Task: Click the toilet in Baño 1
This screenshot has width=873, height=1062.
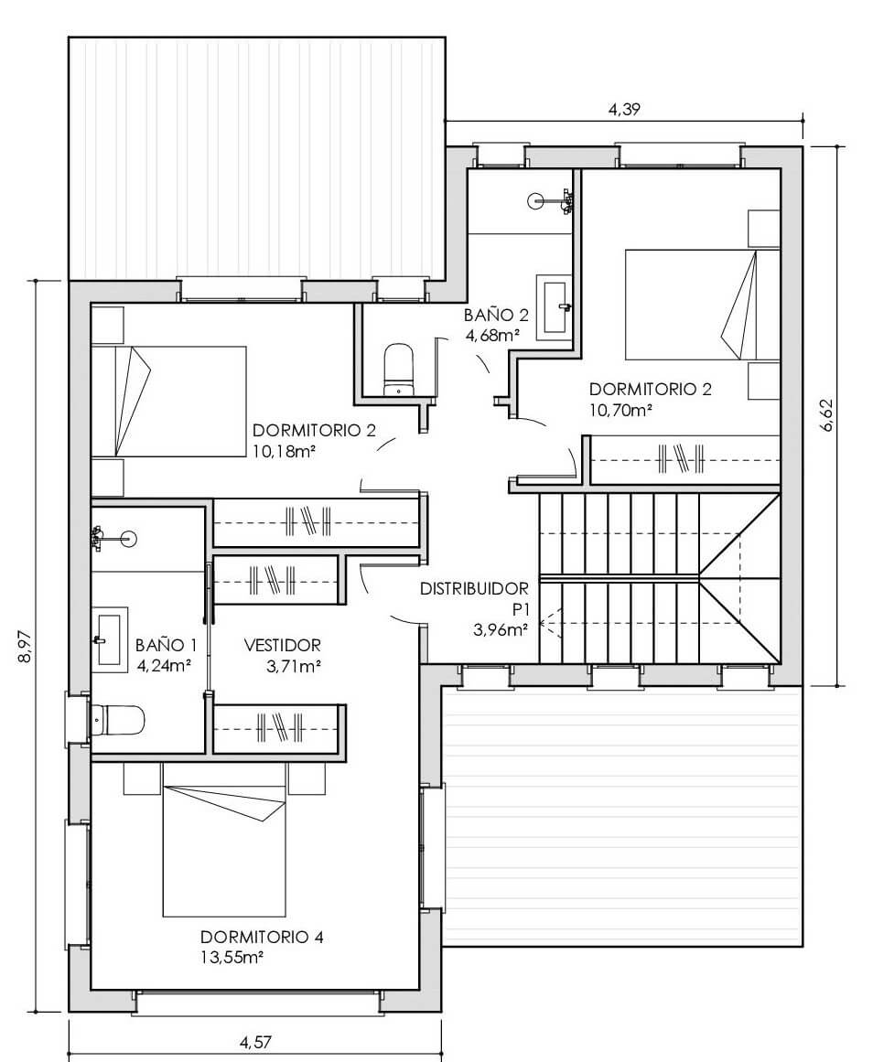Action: click(x=118, y=720)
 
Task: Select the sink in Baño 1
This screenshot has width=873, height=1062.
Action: click(x=110, y=639)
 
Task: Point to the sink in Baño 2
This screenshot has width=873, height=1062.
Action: click(x=555, y=306)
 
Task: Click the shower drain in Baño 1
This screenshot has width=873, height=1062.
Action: click(x=128, y=539)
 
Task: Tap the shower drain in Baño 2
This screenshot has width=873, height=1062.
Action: click(x=535, y=199)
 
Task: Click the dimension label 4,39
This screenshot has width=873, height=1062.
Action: click(x=623, y=109)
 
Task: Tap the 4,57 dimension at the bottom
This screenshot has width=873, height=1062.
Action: click(x=255, y=1043)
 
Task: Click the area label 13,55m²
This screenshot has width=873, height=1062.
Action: click(x=232, y=958)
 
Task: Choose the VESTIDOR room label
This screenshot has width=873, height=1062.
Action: click(x=282, y=646)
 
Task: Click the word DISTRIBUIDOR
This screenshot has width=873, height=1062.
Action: click(x=474, y=588)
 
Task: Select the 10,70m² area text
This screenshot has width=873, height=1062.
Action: click(x=620, y=410)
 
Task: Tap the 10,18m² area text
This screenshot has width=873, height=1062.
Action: click(x=285, y=451)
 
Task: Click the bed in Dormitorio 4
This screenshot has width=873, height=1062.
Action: click(x=224, y=851)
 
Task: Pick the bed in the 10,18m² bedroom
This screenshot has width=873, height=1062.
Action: click(x=168, y=402)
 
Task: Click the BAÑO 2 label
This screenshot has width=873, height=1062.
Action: click(x=495, y=315)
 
